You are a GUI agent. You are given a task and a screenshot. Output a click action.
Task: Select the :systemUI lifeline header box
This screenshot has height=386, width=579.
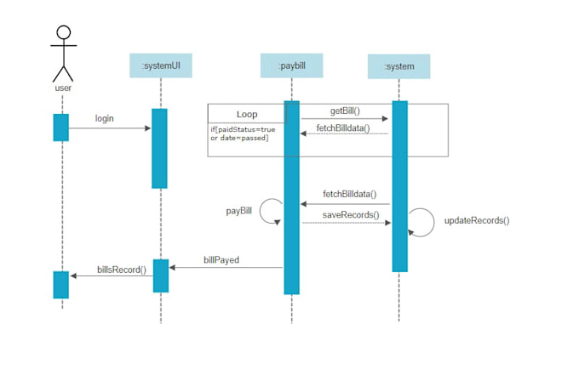(x=160, y=65)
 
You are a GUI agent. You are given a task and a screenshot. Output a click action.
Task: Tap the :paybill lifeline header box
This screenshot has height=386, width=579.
(x=291, y=65)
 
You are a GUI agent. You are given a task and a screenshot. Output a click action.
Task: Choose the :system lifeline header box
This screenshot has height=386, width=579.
(x=398, y=65)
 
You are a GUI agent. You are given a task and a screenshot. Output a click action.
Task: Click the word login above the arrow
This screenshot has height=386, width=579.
(x=104, y=118)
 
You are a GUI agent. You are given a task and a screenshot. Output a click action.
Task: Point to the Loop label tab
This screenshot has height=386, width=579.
(x=246, y=114)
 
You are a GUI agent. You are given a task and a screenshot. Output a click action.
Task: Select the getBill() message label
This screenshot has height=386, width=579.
(x=345, y=111)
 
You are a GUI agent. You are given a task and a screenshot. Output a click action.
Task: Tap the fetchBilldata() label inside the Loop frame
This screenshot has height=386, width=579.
(x=343, y=128)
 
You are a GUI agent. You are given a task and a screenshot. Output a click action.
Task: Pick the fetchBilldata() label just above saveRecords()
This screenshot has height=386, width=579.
(x=349, y=194)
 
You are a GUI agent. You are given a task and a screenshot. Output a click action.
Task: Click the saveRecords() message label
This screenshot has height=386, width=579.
(x=350, y=214)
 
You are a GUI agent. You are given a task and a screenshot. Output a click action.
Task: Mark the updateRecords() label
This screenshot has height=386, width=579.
(x=477, y=220)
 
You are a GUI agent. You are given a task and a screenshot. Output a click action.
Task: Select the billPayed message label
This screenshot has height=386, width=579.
(x=221, y=258)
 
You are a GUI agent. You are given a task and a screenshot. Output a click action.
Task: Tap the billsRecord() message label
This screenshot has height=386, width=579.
(x=121, y=269)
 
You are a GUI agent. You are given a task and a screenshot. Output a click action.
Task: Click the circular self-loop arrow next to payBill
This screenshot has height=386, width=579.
(x=271, y=211)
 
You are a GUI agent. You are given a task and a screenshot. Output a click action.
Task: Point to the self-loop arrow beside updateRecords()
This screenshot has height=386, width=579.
(x=421, y=221)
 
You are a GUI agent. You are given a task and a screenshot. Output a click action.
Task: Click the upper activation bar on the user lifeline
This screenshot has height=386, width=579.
(x=60, y=127)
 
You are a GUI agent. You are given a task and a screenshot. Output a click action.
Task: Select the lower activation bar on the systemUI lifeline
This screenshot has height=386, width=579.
(x=160, y=275)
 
